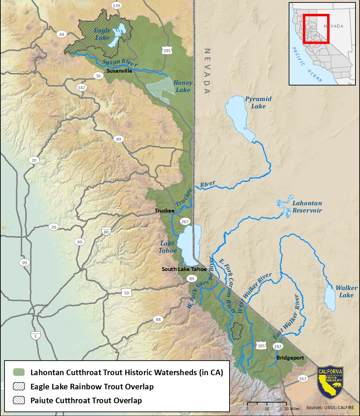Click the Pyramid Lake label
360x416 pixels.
[x=258, y=102]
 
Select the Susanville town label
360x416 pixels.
[x=119, y=71]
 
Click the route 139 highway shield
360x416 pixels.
[x=117, y=6]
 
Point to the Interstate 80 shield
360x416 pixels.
[x=106, y=232]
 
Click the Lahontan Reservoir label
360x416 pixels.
[x=307, y=207]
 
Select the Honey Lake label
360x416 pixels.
[x=183, y=87]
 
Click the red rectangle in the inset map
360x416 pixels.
[x=316, y=29]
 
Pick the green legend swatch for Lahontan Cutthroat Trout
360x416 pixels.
[x=19, y=372]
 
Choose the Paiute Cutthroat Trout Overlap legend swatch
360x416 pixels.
[x=19, y=400]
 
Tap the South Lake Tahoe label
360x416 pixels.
[x=184, y=269]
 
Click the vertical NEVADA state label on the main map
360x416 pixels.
[x=207, y=71]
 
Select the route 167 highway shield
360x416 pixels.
[x=303, y=379]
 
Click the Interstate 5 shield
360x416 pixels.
[x=35, y=335]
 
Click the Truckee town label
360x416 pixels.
[x=164, y=210]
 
